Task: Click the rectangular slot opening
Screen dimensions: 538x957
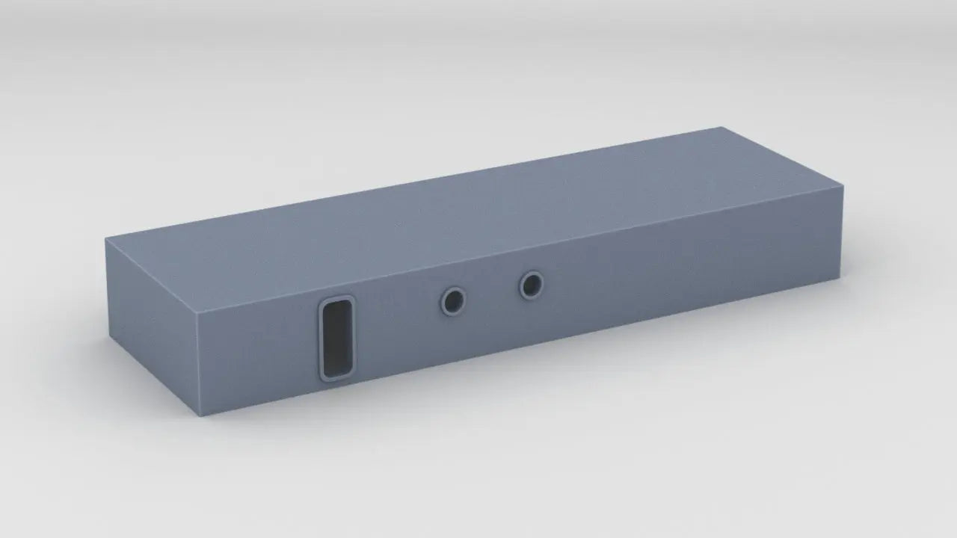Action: tap(336, 338)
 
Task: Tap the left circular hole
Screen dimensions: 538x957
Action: tap(452, 301)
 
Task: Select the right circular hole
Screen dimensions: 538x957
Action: tap(532, 285)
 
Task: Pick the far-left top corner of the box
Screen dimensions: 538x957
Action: tap(105, 239)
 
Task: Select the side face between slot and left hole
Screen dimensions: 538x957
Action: tap(396, 321)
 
